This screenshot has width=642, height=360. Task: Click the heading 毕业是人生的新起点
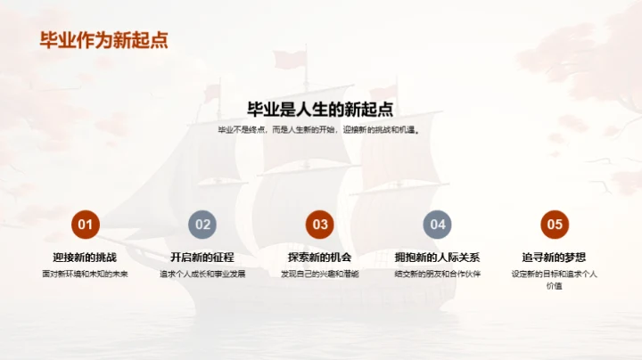[320, 109]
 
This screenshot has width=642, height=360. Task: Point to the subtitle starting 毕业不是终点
[320, 130]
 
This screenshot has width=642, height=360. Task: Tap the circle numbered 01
[85, 225]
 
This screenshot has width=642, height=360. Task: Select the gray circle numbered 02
[202, 225]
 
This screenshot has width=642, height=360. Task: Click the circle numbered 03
[320, 225]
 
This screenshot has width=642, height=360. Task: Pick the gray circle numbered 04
[438, 225]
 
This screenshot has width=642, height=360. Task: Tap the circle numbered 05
[555, 225]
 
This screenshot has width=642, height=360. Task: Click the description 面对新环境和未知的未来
[85, 274]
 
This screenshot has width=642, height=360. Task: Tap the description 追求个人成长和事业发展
[202, 274]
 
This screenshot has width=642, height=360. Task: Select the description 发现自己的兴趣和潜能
[320, 274]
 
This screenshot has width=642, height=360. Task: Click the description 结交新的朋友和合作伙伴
[438, 274]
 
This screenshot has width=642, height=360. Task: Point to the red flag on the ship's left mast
[211, 92]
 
